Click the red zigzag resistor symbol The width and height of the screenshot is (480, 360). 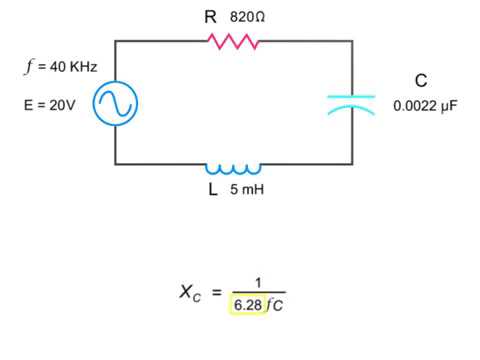point(233,41)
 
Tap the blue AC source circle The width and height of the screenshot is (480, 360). point(114,103)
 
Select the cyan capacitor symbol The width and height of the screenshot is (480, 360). point(351,103)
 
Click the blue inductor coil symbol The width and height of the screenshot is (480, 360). point(233,167)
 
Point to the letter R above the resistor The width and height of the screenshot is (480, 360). point(210,17)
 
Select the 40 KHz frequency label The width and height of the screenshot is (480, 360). point(68,67)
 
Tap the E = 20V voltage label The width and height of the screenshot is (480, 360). point(50,104)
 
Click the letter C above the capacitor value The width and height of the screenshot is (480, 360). point(421,81)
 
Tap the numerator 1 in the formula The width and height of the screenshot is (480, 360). point(257,283)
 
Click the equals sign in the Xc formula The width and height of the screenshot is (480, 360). point(217,293)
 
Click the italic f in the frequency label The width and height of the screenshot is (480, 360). point(30,67)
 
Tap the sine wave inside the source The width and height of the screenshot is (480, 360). point(114,103)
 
